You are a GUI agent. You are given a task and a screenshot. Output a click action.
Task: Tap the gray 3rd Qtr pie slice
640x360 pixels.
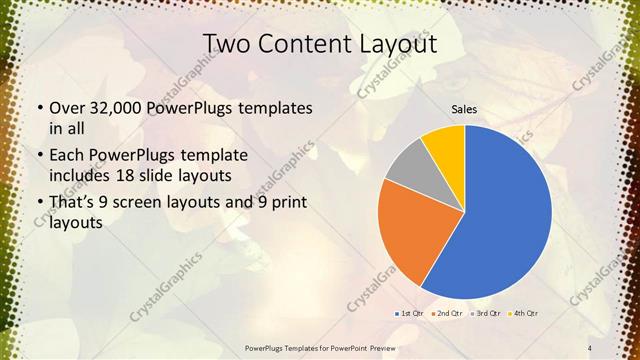pos(407,170)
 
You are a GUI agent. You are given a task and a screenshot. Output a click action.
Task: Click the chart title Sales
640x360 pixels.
pos(464,109)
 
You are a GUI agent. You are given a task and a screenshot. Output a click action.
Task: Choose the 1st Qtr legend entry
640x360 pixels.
pos(411,314)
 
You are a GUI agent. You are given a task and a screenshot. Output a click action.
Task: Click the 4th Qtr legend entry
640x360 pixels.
pos(524,314)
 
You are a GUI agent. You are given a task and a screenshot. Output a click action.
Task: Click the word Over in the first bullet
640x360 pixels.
pos(67,107)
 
